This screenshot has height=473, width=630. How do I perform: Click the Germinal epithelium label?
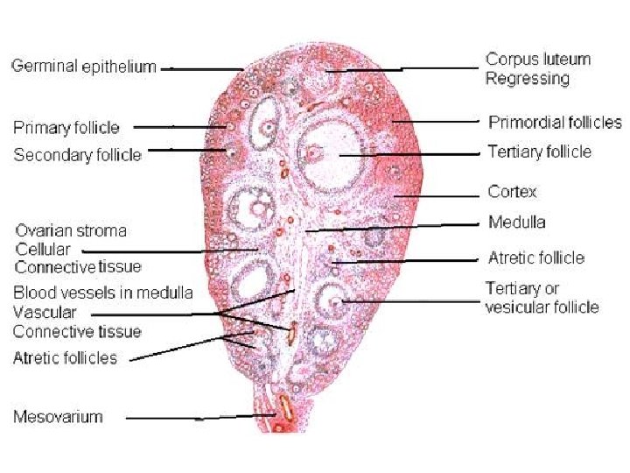[x=84, y=67]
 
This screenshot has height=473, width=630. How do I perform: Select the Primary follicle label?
[x=66, y=128]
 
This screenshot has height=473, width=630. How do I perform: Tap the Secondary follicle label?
[x=77, y=155]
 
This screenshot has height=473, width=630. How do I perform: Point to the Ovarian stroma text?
[x=71, y=231]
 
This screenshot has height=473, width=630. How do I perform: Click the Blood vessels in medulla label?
[x=103, y=293]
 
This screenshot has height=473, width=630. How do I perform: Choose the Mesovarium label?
[x=58, y=416]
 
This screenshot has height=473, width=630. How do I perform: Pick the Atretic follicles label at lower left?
[x=65, y=357]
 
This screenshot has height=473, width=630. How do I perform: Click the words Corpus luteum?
[x=538, y=60]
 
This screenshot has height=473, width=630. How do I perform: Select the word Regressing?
[x=528, y=78]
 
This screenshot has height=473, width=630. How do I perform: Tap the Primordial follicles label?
[x=555, y=122]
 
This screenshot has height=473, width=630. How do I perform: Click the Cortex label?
[x=513, y=191]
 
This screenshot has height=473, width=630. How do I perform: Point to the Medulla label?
[x=517, y=222]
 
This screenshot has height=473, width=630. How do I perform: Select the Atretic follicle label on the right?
[x=535, y=258]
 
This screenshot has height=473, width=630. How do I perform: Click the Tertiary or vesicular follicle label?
[x=542, y=298]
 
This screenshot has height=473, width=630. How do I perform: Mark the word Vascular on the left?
[x=45, y=312]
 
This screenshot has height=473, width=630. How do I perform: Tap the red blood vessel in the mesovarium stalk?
[x=284, y=406]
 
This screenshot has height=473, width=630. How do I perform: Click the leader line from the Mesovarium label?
[x=201, y=418]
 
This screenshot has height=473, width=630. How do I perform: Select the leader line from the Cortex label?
[x=437, y=193]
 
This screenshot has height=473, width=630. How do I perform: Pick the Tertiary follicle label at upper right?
[x=539, y=152]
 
